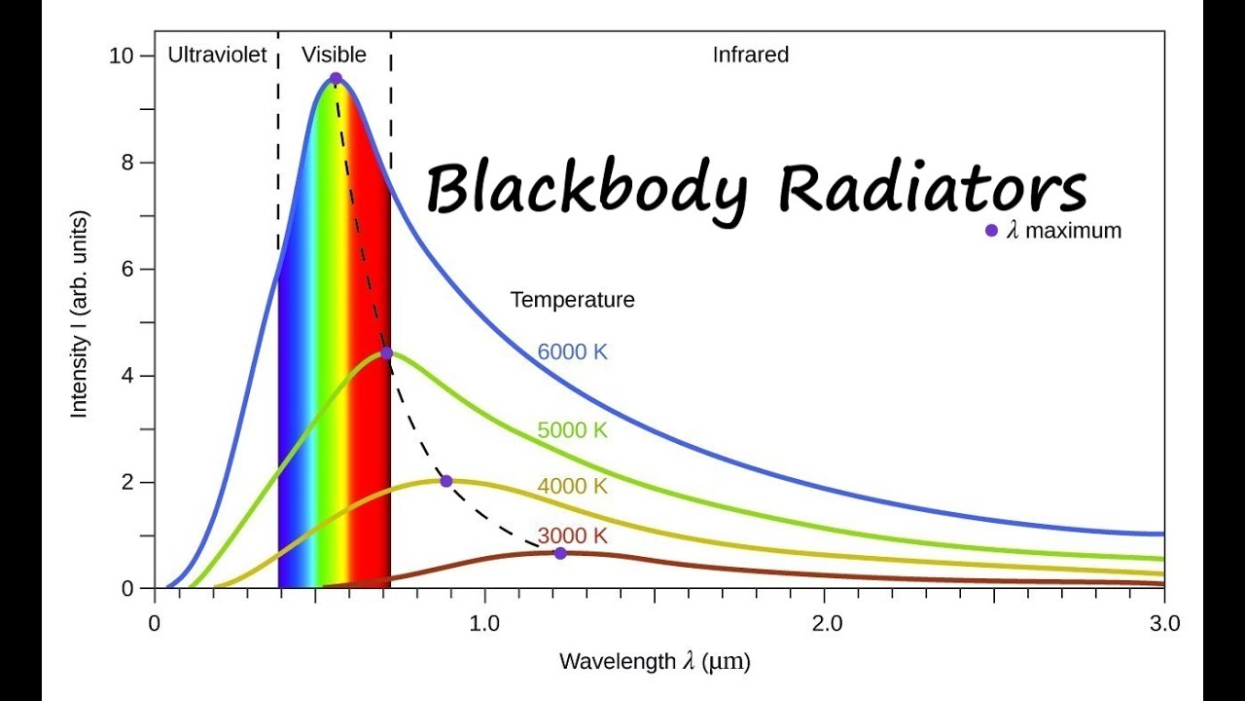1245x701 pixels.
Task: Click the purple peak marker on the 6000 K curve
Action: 336,79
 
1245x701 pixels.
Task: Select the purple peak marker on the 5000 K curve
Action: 386,353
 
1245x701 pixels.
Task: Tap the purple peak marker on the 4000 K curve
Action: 446,481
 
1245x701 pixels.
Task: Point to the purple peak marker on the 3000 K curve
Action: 560,553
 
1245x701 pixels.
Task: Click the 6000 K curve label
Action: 572,352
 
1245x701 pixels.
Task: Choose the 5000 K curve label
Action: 572,429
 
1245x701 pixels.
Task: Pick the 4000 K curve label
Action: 572,486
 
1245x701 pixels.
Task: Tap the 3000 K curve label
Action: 572,535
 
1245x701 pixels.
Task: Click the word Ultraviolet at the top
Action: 217,55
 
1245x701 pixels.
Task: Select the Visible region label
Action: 334,55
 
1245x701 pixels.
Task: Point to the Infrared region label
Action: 750,55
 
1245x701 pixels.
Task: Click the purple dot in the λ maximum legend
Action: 991,231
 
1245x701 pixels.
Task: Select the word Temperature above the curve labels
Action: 572,300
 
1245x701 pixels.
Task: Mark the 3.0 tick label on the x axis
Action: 1163,624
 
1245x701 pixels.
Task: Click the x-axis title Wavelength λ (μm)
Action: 655,662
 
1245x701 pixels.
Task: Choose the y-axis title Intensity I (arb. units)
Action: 79,313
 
